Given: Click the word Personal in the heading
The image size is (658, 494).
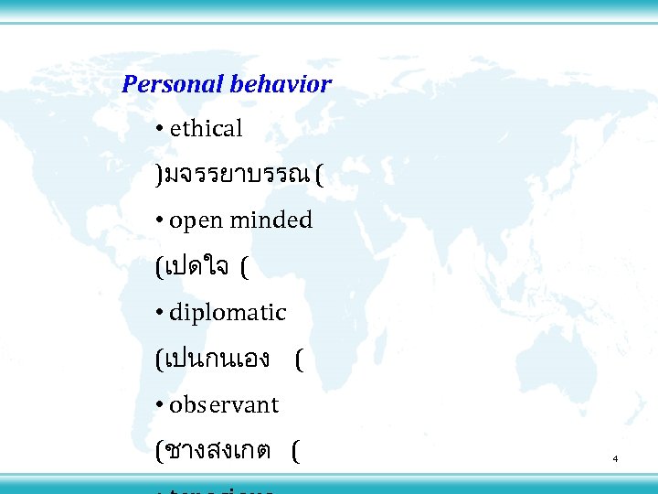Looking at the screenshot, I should point(173,85).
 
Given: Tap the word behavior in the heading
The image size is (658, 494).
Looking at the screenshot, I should point(281,85).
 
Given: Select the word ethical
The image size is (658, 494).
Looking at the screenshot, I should point(207,130).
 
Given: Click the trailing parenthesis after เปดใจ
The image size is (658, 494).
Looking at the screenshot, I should point(245,268).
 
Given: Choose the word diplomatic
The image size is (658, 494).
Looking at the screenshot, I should point(228,313).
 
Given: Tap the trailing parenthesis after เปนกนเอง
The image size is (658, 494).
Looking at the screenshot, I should point(299,360).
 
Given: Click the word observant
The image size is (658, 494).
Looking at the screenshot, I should point(224,404).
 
